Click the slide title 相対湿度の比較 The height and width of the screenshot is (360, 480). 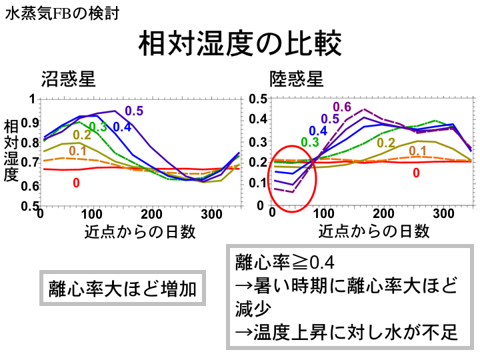click(239, 44)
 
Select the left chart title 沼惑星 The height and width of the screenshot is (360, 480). click(68, 79)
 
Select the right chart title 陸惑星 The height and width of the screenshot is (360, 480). click(297, 79)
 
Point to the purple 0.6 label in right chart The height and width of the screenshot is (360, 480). click(341, 107)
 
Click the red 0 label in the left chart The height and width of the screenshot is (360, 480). click(76, 181)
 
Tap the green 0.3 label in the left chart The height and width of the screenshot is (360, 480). click(98, 127)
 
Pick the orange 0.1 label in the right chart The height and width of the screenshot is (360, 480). click(417, 151)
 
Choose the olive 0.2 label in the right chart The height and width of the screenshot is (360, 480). click(386, 143)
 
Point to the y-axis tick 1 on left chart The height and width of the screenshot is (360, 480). click(31, 99)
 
